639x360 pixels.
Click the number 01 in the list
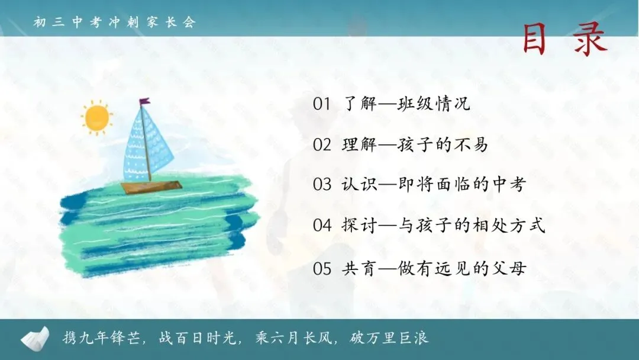pyautogui.click(x=322, y=104)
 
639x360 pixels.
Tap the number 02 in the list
pyautogui.click(x=322, y=144)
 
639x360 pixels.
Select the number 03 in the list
pyautogui.click(x=322, y=185)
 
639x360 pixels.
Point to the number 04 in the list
pyautogui.click(x=322, y=226)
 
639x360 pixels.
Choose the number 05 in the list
pyautogui.click(x=322, y=268)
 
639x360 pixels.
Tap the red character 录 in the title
pyautogui.click(x=590, y=39)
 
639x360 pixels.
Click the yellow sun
pyautogui.click(x=97, y=118)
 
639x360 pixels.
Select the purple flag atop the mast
pyautogui.click(x=144, y=102)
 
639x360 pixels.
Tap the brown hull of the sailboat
pyautogui.click(x=151, y=187)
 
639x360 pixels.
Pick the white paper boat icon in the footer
pyautogui.click(x=35, y=338)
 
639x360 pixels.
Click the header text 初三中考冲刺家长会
pyautogui.click(x=115, y=22)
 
